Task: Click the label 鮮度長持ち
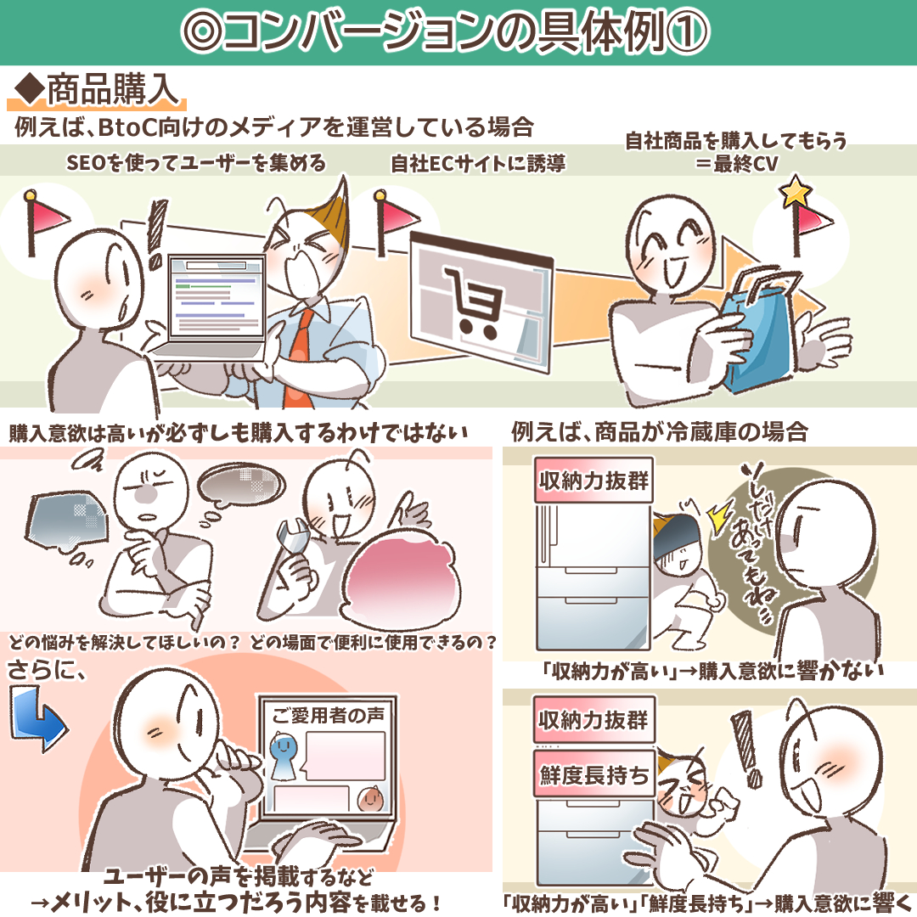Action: point(594,774)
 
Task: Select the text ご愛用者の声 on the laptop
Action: point(328,715)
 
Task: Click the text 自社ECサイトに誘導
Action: point(478,163)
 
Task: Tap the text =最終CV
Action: point(737,163)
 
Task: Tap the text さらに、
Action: point(47,670)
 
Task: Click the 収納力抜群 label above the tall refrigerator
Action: point(594,481)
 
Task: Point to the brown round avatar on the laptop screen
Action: point(371,797)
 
